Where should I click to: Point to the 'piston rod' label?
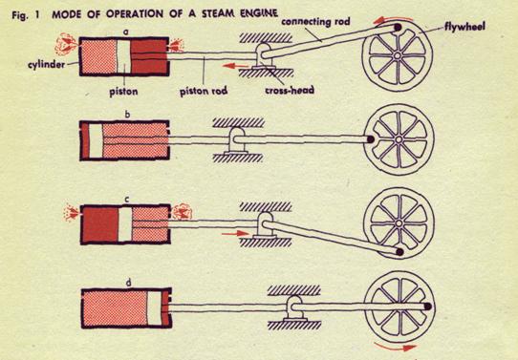tap(202, 91)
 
